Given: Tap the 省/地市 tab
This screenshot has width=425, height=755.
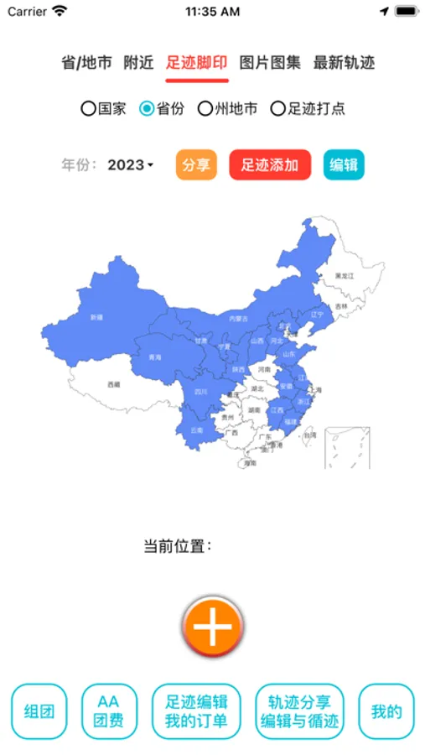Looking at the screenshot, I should pyautogui.click(x=86, y=63).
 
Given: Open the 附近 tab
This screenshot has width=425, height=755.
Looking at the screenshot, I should pyautogui.click(x=138, y=63).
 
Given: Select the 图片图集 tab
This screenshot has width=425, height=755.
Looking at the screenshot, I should pyautogui.click(x=270, y=63).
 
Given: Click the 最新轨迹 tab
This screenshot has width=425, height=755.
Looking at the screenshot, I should pyautogui.click(x=344, y=63).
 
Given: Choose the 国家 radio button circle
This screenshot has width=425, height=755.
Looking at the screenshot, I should pyautogui.click(x=88, y=108).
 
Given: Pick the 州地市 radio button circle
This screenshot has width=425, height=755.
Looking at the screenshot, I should pyautogui.click(x=205, y=108).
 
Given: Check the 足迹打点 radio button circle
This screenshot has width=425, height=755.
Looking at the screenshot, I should pyautogui.click(x=277, y=108).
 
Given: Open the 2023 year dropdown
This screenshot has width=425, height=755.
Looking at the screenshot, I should pyautogui.click(x=131, y=165).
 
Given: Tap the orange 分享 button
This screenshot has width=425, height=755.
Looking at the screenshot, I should pyautogui.click(x=196, y=165).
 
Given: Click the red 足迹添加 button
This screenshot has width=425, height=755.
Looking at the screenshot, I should pyautogui.click(x=270, y=165).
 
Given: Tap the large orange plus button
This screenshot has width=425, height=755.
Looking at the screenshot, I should pyautogui.click(x=213, y=626).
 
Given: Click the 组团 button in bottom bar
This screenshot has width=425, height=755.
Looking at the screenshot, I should pyautogui.click(x=39, y=712).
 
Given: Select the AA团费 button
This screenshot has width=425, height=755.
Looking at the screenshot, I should pyautogui.click(x=110, y=712).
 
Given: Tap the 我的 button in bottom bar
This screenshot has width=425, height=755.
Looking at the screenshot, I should pyautogui.click(x=386, y=712).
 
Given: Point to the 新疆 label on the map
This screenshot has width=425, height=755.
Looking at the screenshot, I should pyautogui.click(x=96, y=318).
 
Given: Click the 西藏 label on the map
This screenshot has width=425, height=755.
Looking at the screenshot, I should pyautogui.click(x=114, y=384).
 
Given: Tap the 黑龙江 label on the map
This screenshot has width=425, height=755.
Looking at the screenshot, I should pyautogui.click(x=345, y=275).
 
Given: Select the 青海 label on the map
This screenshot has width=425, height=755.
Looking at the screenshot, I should pyautogui.click(x=154, y=357).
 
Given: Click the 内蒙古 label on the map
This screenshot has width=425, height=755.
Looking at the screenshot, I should pyautogui.click(x=239, y=318).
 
